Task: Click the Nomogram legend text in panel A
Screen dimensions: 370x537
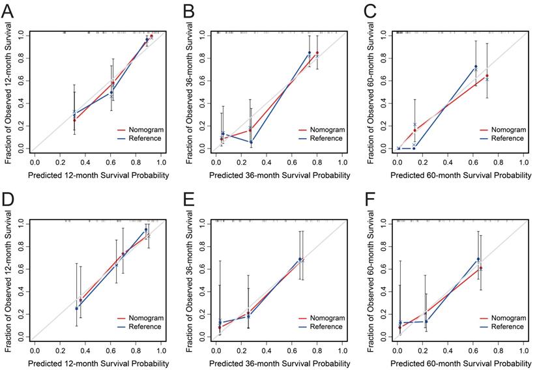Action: [146, 130]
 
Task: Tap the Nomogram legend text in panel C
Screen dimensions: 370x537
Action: [506, 130]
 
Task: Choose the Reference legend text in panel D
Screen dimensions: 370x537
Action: [146, 326]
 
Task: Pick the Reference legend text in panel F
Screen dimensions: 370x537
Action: [506, 326]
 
